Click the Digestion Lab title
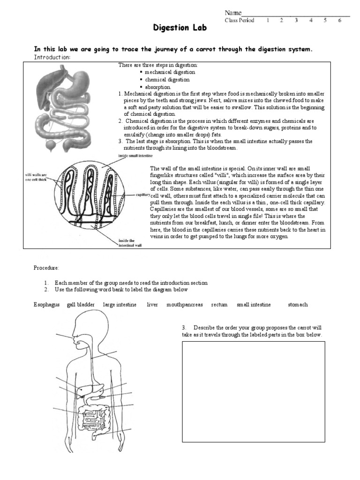click(180, 29)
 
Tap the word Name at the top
click(233, 13)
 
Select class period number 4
click(311, 21)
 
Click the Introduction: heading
click(52, 57)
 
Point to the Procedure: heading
click(46, 268)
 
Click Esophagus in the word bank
click(46, 305)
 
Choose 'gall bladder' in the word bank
click(81, 305)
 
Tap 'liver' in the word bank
click(152, 305)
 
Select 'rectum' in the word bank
click(219, 305)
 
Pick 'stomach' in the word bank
click(298, 305)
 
